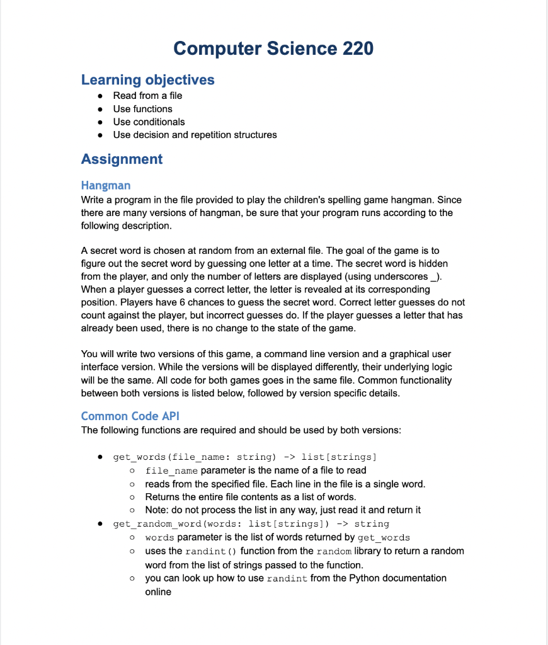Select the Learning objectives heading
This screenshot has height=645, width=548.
point(147,80)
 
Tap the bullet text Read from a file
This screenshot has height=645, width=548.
point(147,96)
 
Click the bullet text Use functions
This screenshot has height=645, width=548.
point(142,109)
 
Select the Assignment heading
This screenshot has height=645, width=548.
point(122,159)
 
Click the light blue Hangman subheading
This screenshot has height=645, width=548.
point(106,185)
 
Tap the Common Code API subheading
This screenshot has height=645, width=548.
point(130,416)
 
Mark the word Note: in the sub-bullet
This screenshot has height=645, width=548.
point(157,510)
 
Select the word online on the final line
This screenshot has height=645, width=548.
point(158,592)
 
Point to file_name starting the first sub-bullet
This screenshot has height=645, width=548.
point(171,471)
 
